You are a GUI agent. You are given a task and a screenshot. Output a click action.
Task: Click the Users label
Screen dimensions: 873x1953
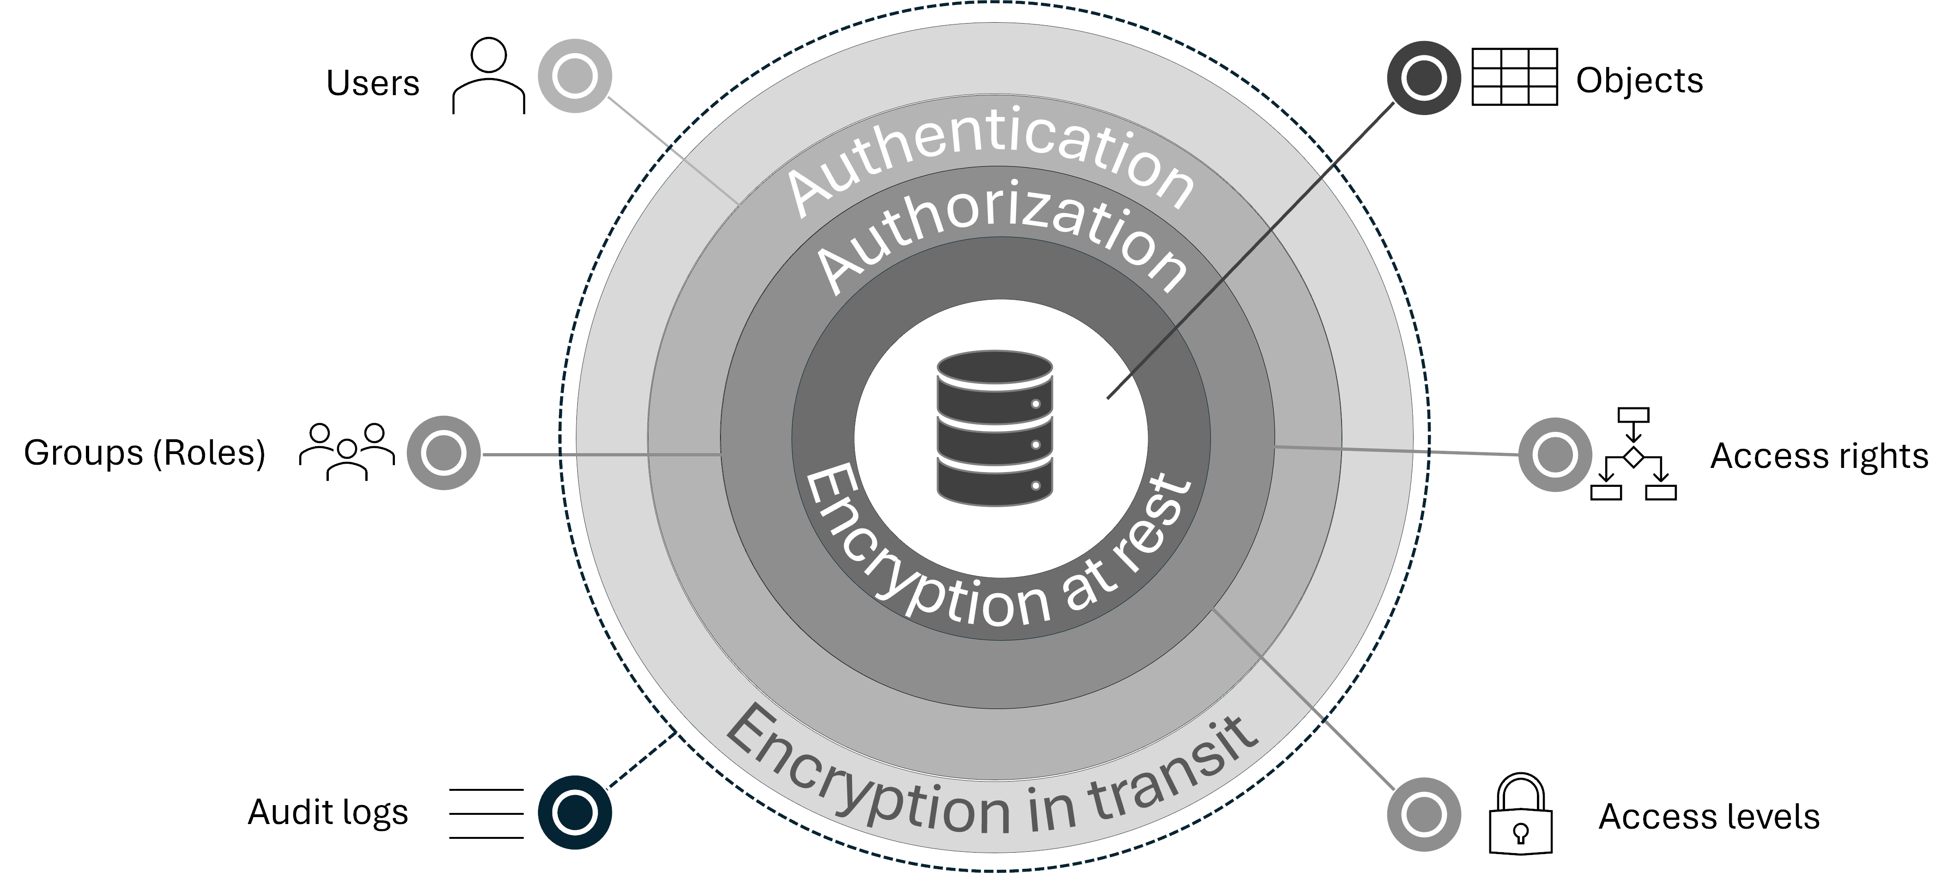pyautogui.click(x=372, y=84)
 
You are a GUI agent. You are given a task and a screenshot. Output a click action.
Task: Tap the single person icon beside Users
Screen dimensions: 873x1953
pyautogui.click(x=488, y=76)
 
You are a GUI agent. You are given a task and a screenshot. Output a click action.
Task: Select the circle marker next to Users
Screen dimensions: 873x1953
pyautogui.click(x=574, y=76)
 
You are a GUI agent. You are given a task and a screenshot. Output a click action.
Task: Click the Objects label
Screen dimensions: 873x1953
pyautogui.click(x=1639, y=80)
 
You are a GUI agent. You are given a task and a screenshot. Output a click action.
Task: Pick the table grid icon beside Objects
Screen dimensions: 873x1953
pyautogui.click(x=1514, y=77)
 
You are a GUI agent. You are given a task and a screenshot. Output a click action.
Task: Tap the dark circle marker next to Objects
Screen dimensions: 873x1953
pyautogui.click(x=1423, y=78)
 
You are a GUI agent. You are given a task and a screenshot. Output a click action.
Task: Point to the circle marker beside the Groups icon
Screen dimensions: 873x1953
pyautogui.click(x=443, y=453)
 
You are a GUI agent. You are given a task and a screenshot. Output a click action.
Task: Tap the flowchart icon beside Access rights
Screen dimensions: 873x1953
pyautogui.click(x=1633, y=455)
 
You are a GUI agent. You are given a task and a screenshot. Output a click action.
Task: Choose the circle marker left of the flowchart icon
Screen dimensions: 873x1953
pyautogui.click(x=1555, y=455)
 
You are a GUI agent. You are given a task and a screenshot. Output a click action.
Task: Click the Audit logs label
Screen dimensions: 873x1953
pyautogui.click(x=327, y=812)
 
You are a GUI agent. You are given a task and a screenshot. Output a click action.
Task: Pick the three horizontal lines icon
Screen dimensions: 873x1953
pyautogui.click(x=486, y=813)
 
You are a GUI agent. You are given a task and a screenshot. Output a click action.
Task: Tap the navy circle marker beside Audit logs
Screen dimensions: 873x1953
pyautogui.click(x=574, y=812)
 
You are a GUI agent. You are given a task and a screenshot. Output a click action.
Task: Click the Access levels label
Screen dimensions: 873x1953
pyautogui.click(x=1709, y=817)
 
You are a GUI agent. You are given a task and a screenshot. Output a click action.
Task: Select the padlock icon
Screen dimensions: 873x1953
pyautogui.click(x=1520, y=815)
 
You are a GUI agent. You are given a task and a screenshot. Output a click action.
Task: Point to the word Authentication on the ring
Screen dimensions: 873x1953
pyautogui.click(x=989, y=159)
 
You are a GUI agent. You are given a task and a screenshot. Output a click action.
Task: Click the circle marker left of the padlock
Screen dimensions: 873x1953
pyautogui.click(x=1423, y=815)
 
